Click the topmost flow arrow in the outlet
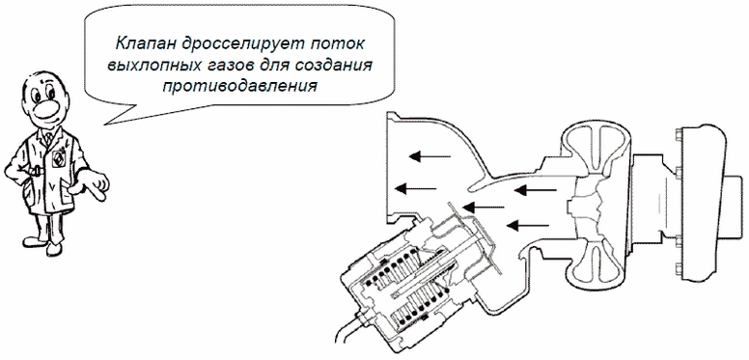point(430,156)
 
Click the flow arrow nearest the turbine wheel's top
point(536,190)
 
